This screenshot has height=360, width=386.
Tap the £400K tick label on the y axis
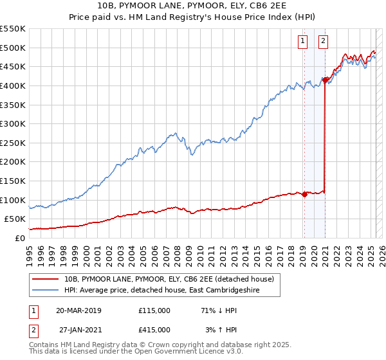(x=13, y=85)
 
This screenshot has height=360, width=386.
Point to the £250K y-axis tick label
(x=13, y=143)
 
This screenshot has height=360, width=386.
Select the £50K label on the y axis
(x=15, y=219)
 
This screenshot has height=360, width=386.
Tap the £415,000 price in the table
(x=154, y=329)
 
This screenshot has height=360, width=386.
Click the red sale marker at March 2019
(x=304, y=194)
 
